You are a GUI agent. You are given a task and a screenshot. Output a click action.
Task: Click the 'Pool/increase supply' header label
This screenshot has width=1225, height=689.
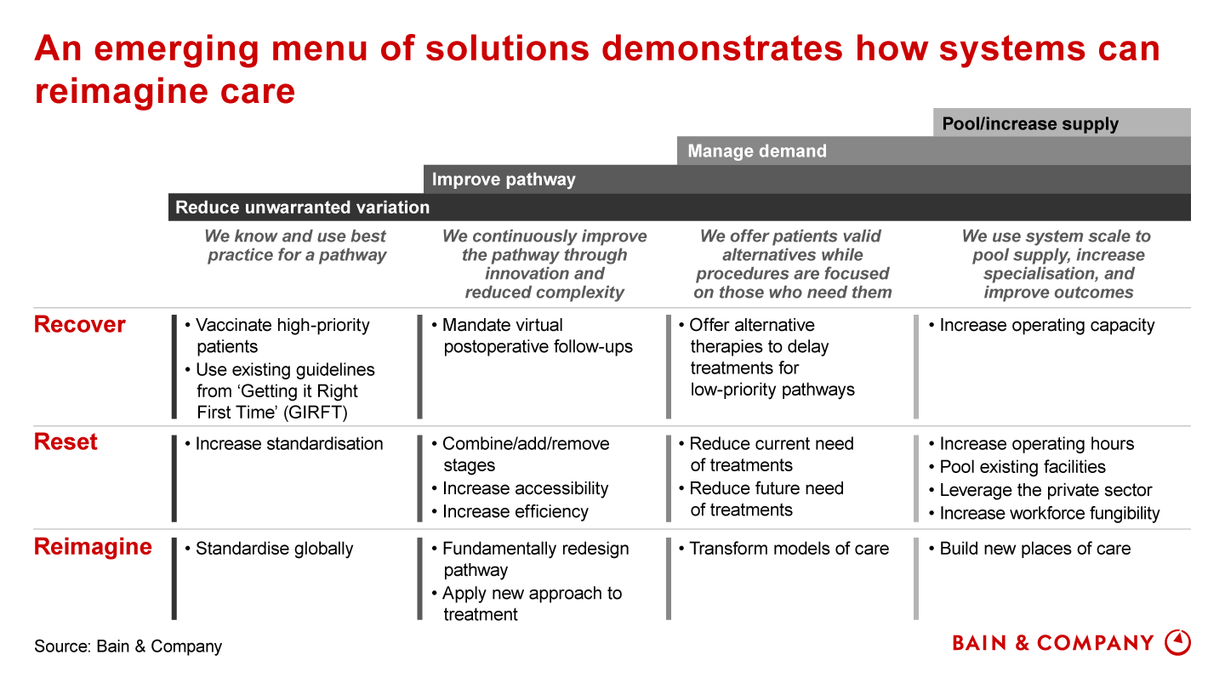pyautogui.click(x=1029, y=124)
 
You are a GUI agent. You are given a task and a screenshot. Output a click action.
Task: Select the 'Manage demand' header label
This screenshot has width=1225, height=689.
pyautogui.click(x=757, y=151)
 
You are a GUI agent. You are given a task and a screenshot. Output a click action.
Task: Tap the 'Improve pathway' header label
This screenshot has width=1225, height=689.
pyautogui.click(x=504, y=179)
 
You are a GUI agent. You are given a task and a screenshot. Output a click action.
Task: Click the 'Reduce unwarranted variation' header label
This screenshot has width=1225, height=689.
pyautogui.click(x=303, y=208)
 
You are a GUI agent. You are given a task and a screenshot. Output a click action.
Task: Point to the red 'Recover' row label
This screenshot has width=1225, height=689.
pyautogui.click(x=80, y=324)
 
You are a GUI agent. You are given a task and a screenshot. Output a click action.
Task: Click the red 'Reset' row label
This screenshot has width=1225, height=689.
pyautogui.click(x=66, y=441)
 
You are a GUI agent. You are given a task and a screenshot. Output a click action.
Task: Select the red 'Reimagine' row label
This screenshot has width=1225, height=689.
pyautogui.click(x=93, y=547)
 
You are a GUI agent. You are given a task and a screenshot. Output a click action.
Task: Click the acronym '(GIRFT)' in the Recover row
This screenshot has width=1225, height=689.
pyautogui.click(x=317, y=412)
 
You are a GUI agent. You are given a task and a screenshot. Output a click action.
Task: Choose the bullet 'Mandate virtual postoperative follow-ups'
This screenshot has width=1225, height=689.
pyautogui.click(x=532, y=335)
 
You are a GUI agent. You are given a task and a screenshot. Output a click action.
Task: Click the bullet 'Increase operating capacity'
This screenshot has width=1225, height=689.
pyautogui.click(x=1042, y=325)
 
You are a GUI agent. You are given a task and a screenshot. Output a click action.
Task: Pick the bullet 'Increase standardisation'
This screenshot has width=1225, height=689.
pyautogui.click(x=284, y=443)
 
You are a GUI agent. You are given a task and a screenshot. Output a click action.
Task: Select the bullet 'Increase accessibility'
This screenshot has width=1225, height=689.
pyautogui.click(x=520, y=488)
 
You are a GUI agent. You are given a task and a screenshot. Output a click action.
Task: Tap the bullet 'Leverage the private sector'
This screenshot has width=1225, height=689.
pyautogui.click(x=1040, y=490)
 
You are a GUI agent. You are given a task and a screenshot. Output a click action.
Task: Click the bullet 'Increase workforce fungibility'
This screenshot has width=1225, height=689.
pyautogui.click(x=1044, y=513)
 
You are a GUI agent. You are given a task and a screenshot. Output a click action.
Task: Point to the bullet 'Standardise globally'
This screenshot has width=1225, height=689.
pyautogui.click(x=269, y=549)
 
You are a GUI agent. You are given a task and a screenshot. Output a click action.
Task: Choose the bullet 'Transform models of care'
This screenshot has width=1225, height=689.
pyautogui.click(x=783, y=549)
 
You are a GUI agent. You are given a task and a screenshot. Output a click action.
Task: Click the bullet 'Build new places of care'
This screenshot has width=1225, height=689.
pyautogui.click(x=1029, y=549)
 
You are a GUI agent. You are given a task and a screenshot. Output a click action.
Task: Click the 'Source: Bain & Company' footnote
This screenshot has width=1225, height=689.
pyautogui.click(x=128, y=646)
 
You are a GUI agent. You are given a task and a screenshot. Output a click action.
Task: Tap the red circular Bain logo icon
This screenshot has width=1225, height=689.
pyautogui.click(x=1177, y=642)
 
